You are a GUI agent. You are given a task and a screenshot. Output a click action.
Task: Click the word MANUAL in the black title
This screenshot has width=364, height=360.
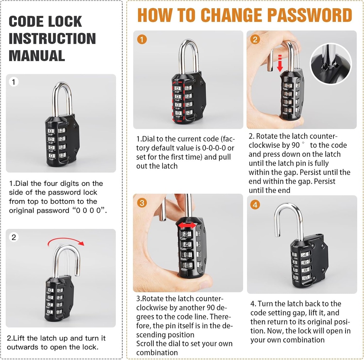tap(37, 56)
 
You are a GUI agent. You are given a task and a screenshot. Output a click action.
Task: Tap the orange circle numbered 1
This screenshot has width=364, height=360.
tap(142, 39)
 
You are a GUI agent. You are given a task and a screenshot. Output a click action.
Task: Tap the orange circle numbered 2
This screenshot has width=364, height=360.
tap(255, 39)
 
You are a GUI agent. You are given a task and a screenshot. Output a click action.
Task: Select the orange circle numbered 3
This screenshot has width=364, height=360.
tap(142, 203)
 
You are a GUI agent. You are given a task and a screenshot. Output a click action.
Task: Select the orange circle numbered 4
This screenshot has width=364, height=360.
tap(255, 204)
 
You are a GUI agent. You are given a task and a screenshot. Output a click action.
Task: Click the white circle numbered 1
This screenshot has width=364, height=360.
tap(14, 82)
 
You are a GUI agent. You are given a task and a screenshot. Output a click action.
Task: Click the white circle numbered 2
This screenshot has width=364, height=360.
tap(14, 237)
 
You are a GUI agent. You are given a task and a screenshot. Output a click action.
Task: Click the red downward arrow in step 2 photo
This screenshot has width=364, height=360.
tap(280, 63)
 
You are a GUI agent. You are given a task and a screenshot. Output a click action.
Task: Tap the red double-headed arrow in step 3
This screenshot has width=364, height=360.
tap(186, 226)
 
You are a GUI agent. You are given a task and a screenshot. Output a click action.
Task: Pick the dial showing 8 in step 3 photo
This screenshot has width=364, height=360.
tap(186, 265)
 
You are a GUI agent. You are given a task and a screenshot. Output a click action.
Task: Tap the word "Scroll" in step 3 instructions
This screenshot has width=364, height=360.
tap(146, 344)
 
